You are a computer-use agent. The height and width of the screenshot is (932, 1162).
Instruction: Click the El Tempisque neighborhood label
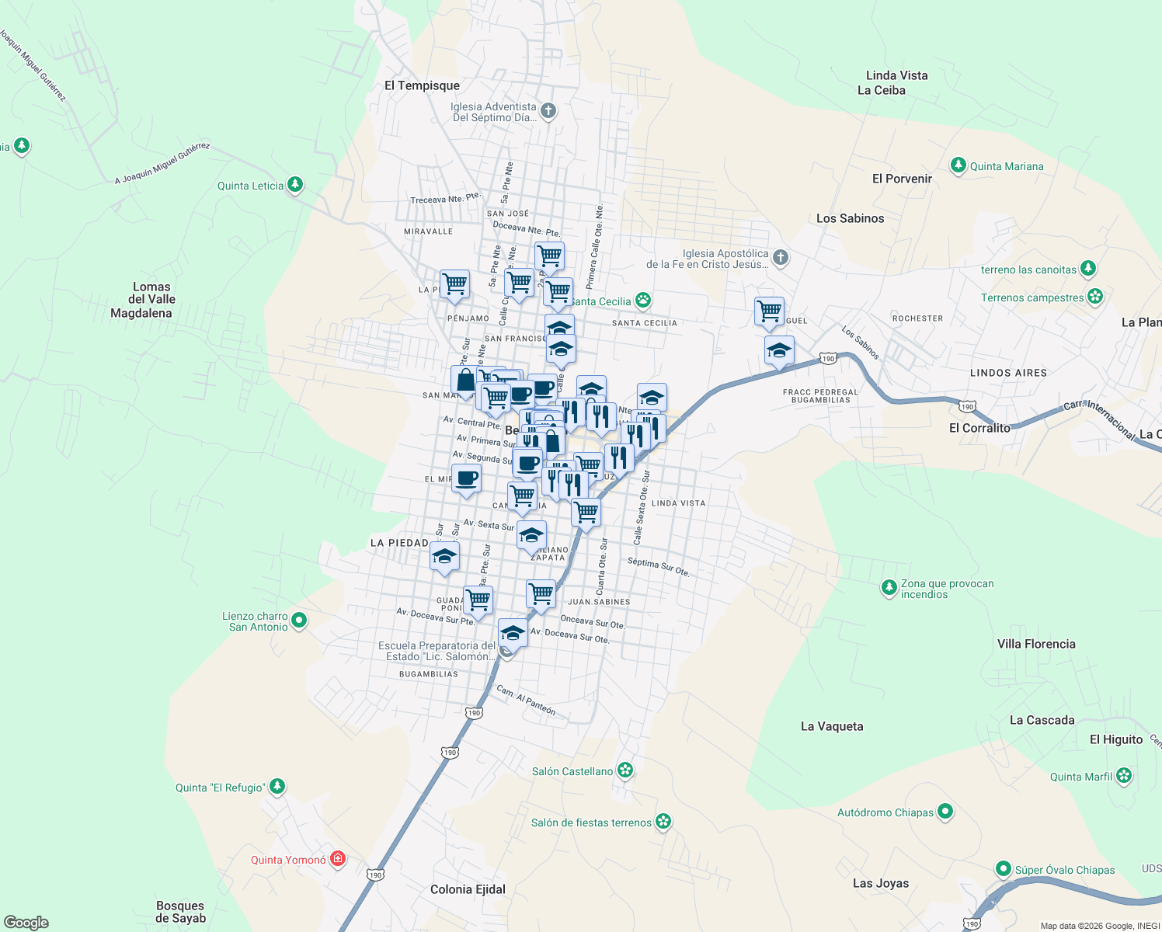coord(422,85)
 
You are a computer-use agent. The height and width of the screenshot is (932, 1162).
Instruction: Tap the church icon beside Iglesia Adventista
coord(548,111)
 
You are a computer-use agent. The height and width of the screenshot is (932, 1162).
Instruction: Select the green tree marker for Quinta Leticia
coord(294,185)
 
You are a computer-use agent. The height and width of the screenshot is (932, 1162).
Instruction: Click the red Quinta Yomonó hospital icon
coord(338,859)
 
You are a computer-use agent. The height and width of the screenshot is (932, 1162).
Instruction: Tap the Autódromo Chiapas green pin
coord(945,812)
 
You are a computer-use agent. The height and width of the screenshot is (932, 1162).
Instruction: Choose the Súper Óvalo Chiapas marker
coord(1004,869)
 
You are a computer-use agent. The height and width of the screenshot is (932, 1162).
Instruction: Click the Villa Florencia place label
coord(1036,644)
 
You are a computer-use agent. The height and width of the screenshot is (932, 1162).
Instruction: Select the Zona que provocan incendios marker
coord(889,588)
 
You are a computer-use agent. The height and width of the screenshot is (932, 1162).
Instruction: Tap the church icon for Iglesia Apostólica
coord(781,258)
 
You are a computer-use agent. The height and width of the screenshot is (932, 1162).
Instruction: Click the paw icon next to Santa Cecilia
coord(642,301)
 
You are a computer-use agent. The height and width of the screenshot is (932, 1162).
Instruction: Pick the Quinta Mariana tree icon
coord(958,165)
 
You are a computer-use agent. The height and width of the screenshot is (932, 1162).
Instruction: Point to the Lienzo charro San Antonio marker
coord(299,621)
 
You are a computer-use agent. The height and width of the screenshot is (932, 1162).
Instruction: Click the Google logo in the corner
coord(26,923)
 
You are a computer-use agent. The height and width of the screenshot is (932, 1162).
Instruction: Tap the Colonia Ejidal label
coord(468,889)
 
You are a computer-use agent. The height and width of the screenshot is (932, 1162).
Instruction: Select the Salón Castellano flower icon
coord(625,770)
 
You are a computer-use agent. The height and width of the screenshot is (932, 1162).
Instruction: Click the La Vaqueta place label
coord(832,726)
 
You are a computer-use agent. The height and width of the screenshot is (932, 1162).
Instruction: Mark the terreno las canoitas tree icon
coord(1089,269)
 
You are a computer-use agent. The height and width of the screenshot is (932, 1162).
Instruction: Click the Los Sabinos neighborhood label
coord(850,218)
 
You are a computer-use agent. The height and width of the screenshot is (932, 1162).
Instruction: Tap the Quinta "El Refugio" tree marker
coord(277,787)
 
